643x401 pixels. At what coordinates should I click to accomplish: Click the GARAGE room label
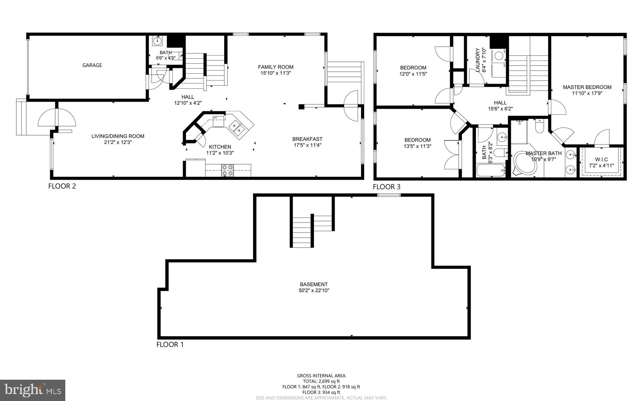coord(92,65)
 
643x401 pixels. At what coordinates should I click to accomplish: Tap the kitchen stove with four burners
coord(228,170)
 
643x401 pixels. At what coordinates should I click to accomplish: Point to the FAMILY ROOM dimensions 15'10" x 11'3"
coord(276,73)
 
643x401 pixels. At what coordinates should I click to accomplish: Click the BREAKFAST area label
coord(307,139)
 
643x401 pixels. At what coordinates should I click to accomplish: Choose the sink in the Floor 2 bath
coord(157,40)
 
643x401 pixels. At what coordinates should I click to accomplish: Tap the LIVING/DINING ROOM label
coord(118,136)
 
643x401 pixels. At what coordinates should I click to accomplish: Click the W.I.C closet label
coord(601,159)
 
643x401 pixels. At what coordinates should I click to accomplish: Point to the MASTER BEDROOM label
coord(587,87)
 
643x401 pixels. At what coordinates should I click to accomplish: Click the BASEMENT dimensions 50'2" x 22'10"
coord(314,291)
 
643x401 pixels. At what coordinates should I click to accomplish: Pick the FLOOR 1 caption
coord(170,345)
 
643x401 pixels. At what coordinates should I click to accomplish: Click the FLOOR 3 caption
coord(386,187)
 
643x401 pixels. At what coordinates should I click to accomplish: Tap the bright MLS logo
coord(33,390)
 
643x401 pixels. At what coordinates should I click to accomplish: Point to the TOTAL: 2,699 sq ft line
coord(321,381)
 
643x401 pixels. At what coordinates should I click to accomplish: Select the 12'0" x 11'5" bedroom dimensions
coord(413,74)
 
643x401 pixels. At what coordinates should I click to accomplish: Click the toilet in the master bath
coord(540,127)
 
